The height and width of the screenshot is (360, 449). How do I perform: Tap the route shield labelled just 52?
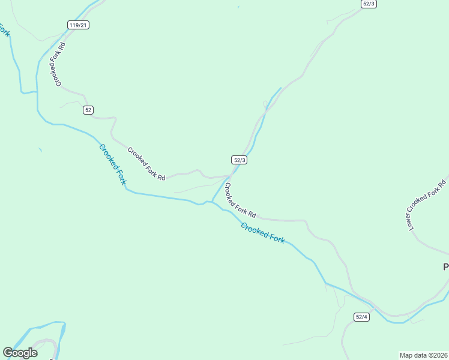click(x=88, y=110)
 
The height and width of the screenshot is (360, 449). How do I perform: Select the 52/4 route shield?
click(x=361, y=317)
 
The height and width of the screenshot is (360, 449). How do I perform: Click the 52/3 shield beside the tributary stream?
click(x=240, y=160)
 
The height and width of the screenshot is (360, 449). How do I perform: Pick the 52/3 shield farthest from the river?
click(x=369, y=4)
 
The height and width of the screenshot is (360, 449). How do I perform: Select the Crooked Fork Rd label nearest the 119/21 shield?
click(x=58, y=64)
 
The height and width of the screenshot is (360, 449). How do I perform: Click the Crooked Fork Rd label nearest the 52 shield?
click(x=146, y=164)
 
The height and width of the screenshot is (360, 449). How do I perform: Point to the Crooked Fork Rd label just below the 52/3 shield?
click(x=240, y=199)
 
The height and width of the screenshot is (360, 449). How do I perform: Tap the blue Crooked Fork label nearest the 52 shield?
click(x=113, y=164)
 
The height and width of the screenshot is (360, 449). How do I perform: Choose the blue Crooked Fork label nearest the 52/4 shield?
click(x=262, y=232)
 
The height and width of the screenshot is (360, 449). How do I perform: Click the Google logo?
click(x=20, y=353)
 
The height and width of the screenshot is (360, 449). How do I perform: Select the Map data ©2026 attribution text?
click(x=424, y=355)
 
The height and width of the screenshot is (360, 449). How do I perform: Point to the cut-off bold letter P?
click(x=445, y=266)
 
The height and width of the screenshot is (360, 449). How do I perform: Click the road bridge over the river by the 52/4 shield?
click(x=374, y=310)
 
